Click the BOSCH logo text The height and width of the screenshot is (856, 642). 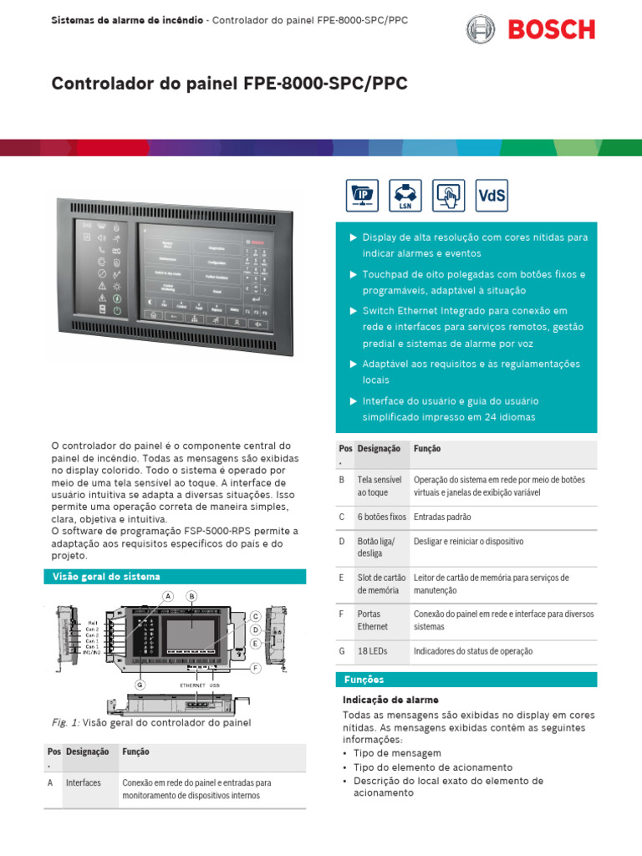pyautogui.click(x=553, y=30)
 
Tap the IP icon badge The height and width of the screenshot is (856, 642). pyautogui.click(x=362, y=196)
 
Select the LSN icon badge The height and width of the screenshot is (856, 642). pyautogui.click(x=405, y=196)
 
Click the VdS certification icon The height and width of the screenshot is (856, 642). pyautogui.click(x=492, y=196)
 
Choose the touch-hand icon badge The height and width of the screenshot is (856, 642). pyautogui.click(x=448, y=196)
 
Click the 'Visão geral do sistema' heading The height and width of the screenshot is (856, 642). pyautogui.click(x=106, y=577)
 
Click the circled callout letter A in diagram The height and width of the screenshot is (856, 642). pyautogui.click(x=168, y=596)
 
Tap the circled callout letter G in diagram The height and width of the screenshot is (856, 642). pyautogui.click(x=140, y=685)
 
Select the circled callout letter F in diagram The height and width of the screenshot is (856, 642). pyautogui.click(x=255, y=669)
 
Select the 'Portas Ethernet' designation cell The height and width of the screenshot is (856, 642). pyautogui.click(x=373, y=620)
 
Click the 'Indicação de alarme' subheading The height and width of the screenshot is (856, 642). pyautogui.click(x=390, y=700)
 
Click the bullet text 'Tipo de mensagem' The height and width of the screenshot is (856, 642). pyautogui.click(x=397, y=753)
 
